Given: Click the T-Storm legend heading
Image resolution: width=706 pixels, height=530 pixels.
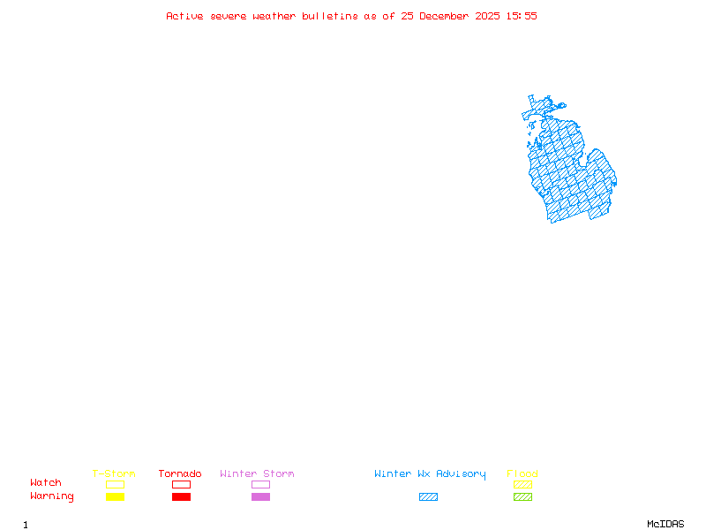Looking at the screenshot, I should (x=114, y=474).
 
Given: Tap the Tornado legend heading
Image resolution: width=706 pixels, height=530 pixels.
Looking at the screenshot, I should (x=180, y=474).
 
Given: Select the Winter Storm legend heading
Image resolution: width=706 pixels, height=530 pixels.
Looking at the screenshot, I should (x=257, y=474).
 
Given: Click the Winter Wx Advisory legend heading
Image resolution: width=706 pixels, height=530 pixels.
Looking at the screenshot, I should (x=430, y=474).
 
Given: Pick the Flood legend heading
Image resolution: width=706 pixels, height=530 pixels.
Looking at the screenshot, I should (x=522, y=474).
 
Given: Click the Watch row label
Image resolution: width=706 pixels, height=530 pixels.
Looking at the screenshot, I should (x=46, y=483).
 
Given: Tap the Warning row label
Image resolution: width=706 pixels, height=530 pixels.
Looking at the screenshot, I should (x=52, y=496).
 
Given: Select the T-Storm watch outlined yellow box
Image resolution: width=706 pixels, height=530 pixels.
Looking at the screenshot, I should (x=115, y=484).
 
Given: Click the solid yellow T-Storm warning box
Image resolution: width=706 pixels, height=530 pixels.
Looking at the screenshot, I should (x=115, y=497).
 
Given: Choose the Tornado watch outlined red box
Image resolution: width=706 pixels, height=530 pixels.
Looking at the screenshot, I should (x=181, y=484).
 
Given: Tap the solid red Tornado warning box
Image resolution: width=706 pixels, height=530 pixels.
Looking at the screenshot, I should (x=181, y=497).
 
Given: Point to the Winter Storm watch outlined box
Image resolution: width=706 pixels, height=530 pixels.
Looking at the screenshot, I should (x=260, y=484).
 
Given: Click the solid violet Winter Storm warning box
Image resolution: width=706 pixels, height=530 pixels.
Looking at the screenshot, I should (x=260, y=497).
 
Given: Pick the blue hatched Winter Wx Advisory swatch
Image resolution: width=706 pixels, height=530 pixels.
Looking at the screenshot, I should (x=428, y=497).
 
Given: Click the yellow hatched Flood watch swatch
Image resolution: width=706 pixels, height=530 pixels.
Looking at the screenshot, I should (x=522, y=484).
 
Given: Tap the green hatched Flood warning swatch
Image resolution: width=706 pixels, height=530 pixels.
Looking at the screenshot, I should (x=522, y=497).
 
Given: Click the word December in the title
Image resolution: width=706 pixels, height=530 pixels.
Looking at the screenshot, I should (x=447, y=16).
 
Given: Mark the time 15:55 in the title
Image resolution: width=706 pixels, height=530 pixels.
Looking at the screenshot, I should (x=522, y=16).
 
